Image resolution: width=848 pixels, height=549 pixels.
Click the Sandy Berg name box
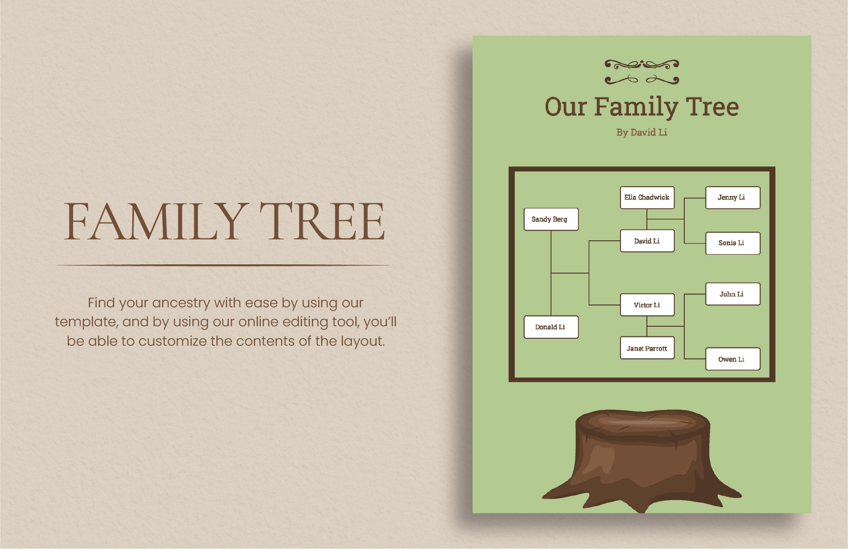(551, 219)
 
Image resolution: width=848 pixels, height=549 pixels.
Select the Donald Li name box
(551, 327)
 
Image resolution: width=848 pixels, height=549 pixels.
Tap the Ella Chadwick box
(647, 198)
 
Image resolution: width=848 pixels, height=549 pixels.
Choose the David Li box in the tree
(647, 241)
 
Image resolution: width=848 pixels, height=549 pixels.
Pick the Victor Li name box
(647, 305)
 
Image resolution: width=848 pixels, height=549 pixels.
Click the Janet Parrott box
(647, 348)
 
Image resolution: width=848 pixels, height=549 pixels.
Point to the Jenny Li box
(732, 198)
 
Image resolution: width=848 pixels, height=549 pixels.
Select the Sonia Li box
(732, 243)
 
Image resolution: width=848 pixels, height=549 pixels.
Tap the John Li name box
(732, 294)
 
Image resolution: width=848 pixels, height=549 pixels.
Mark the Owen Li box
(732, 359)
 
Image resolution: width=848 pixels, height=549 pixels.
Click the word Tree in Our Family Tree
(712, 107)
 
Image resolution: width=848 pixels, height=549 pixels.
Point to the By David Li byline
(641, 133)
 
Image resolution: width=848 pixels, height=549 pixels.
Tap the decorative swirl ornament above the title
(642, 72)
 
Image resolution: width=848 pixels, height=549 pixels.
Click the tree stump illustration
(642, 460)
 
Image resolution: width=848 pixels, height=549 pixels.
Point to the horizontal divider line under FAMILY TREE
(223, 265)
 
